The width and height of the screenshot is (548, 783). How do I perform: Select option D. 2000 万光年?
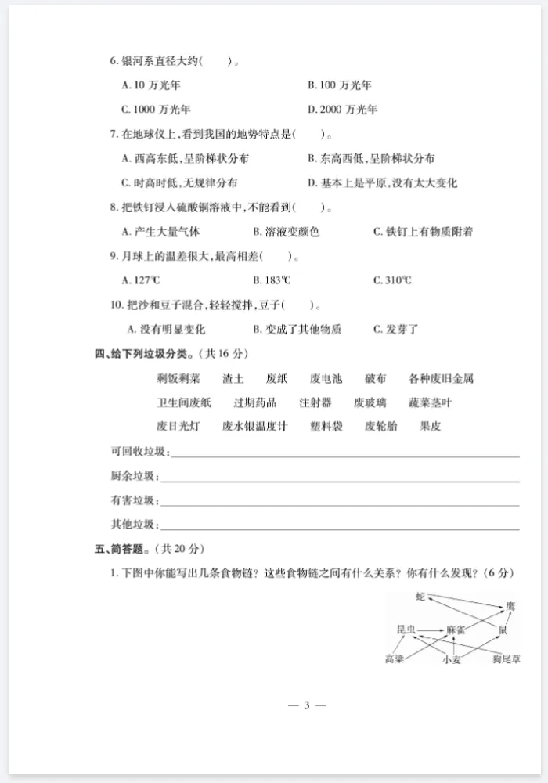click(342, 109)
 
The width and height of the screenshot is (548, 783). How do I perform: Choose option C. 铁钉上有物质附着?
click(423, 232)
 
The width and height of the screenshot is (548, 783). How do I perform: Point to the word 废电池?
click(326, 378)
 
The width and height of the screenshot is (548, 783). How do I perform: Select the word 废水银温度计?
click(255, 427)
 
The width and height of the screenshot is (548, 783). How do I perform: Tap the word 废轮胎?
click(380, 427)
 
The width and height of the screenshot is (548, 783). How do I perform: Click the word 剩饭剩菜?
click(178, 378)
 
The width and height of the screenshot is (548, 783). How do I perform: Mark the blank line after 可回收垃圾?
click(344, 454)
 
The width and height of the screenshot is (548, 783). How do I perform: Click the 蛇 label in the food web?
click(420, 597)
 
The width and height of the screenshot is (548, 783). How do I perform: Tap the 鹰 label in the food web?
click(510, 606)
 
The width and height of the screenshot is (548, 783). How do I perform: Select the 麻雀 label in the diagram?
click(456, 630)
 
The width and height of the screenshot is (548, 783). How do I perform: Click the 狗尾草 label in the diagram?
click(507, 659)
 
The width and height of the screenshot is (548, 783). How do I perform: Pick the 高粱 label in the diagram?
click(395, 659)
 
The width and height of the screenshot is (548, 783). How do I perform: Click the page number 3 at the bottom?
click(307, 705)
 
